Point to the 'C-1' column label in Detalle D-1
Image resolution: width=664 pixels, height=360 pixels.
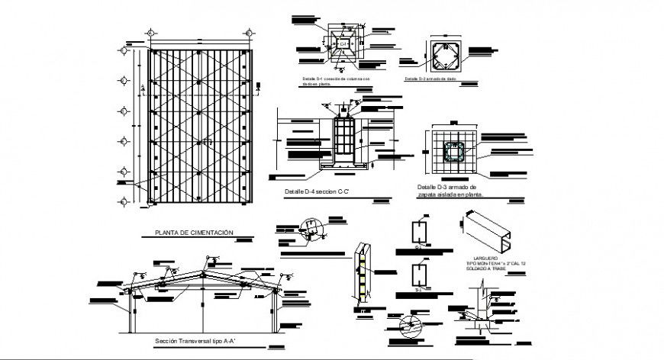(345, 44)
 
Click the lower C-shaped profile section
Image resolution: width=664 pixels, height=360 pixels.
(417, 276)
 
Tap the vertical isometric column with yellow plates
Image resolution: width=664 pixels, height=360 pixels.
(363, 275)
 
